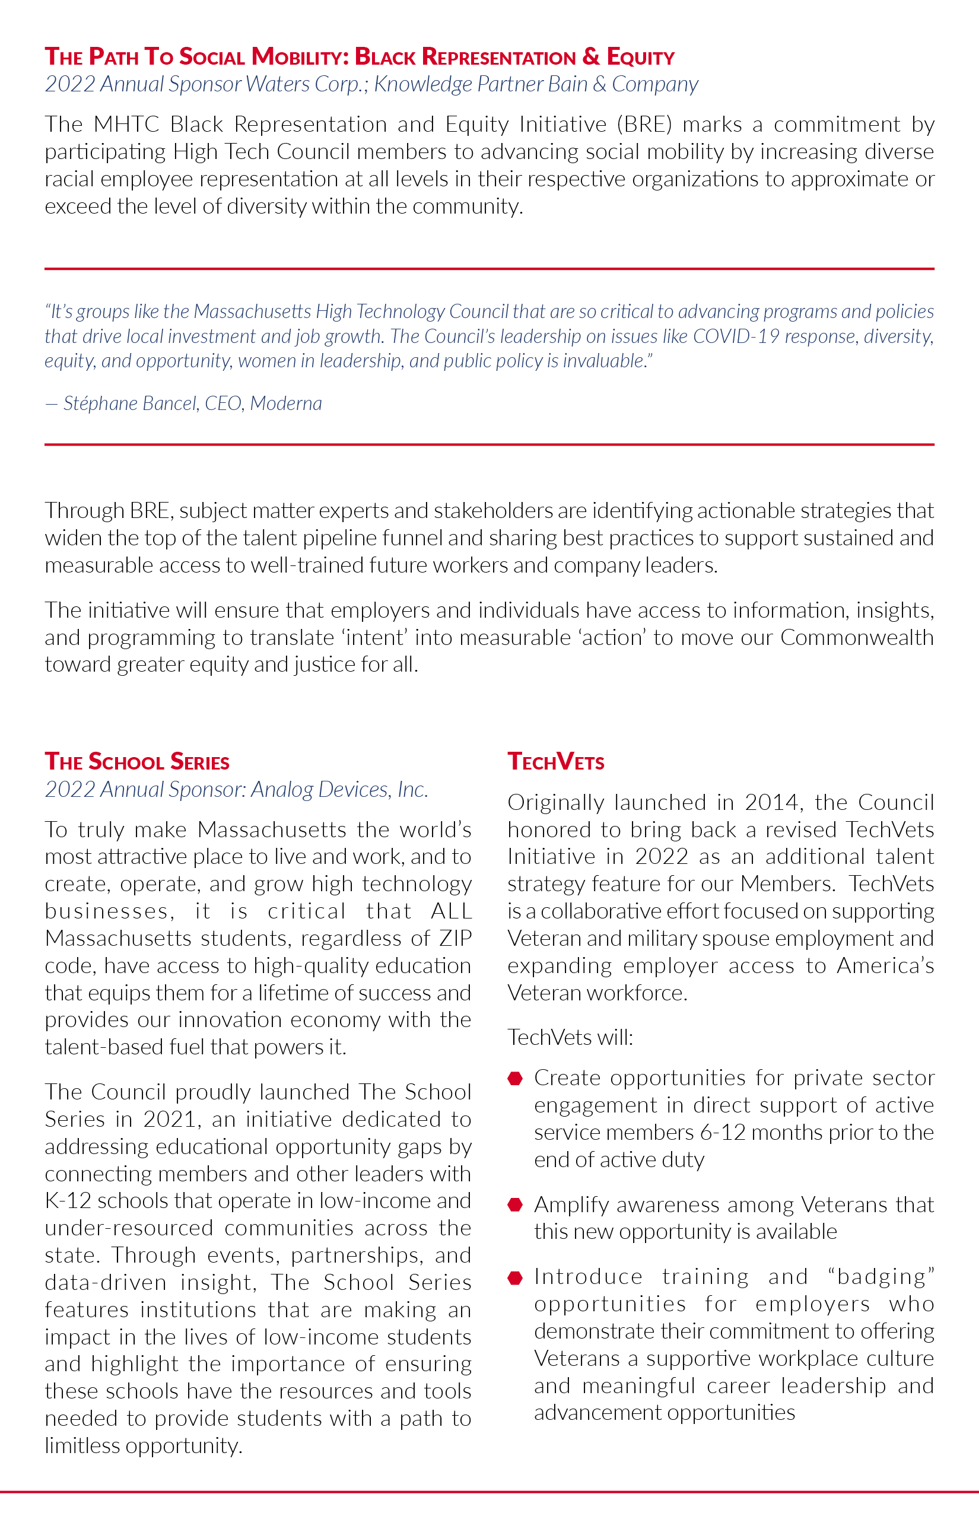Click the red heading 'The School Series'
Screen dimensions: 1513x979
click(x=136, y=762)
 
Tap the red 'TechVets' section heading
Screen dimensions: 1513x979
click(x=555, y=762)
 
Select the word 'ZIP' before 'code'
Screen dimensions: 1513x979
click(x=455, y=938)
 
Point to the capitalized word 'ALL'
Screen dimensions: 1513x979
click(x=452, y=911)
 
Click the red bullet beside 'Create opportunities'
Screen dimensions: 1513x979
click(x=516, y=1078)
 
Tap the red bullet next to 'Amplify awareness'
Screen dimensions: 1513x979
click(x=516, y=1204)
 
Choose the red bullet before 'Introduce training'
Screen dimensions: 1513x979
click(x=516, y=1277)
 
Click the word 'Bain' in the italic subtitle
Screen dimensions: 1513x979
click(x=568, y=84)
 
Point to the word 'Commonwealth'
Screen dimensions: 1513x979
click(x=856, y=638)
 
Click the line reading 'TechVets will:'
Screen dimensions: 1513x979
click(x=570, y=1038)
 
